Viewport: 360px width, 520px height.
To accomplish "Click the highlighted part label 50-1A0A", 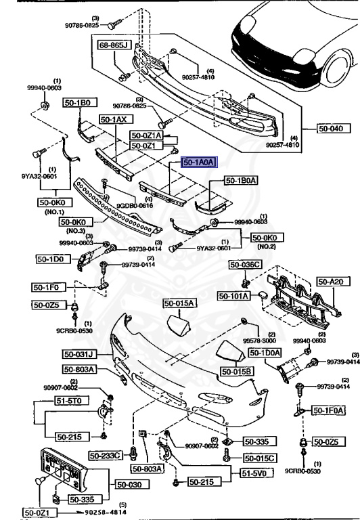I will pos(198,162).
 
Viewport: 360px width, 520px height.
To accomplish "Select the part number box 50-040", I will pos(332,127).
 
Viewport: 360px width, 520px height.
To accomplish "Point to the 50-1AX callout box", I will pos(113,119).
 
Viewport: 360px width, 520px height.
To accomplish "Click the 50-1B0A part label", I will pos(241,182).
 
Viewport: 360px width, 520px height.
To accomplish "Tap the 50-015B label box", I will pos(236,371).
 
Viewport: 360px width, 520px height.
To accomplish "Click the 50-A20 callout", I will pos(331,281).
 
